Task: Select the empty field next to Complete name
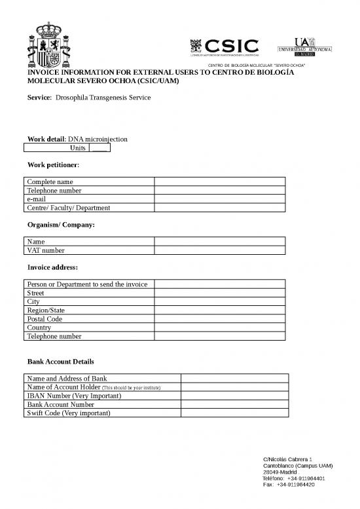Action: click(220, 181)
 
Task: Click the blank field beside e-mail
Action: click(220, 199)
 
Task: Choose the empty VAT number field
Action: click(220, 250)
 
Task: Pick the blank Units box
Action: click(99, 149)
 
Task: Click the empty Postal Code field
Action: click(220, 319)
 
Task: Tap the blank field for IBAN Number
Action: click(234, 396)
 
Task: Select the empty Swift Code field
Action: click(234, 413)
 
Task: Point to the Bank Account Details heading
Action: click(65, 362)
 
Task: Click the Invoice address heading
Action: click(53, 267)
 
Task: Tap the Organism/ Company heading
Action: click(61, 225)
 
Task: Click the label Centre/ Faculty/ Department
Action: click(68, 208)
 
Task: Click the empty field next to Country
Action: click(220, 328)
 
